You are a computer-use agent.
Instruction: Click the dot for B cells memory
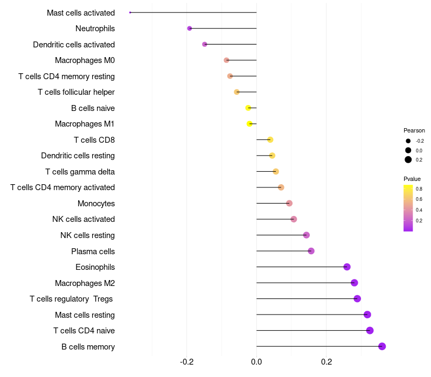[382, 346]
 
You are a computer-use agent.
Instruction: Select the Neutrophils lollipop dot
[190, 29]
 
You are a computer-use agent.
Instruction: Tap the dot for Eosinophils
[347, 267]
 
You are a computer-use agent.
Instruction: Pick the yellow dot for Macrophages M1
[249, 124]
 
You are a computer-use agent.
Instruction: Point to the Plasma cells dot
[311, 251]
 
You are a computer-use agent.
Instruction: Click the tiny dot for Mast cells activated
[130, 12]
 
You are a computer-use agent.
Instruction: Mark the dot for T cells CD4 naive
[370, 331]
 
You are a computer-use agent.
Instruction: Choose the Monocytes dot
[289, 204]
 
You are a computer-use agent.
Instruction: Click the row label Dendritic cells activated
[74, 45]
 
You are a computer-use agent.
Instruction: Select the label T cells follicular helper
[76, 92]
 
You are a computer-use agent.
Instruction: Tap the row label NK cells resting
[87, 235]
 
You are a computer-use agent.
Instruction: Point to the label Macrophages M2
[85, 283]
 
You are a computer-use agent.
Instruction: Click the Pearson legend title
[414, 130]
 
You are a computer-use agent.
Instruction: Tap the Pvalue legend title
[412, 179]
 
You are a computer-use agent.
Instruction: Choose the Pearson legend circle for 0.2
[408, 159]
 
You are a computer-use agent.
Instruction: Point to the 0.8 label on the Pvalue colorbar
[419, 189]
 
